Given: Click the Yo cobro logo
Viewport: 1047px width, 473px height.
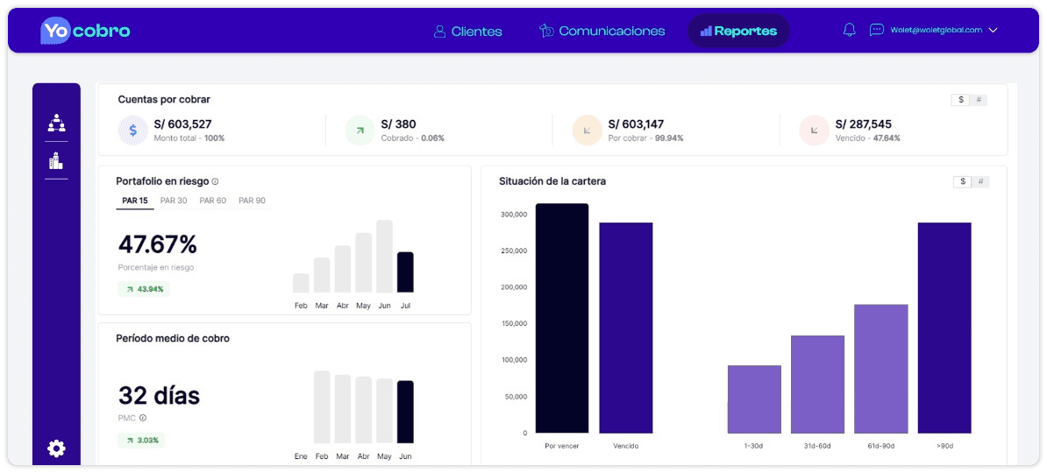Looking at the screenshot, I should tap(85, 31).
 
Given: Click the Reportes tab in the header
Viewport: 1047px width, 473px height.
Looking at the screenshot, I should tap(738, 32).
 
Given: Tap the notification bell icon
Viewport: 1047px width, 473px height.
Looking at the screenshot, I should tap(849, 30).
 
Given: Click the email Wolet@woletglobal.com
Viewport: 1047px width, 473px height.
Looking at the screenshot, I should tap(936, 30).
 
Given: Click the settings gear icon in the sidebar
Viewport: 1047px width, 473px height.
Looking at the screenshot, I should tap(56, 448).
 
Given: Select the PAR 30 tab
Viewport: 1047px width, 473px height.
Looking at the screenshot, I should tap(174, 201).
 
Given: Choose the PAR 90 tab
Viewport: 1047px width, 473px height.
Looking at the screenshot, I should tap(252, 201).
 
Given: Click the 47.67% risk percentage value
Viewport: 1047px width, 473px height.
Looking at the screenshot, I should tap(158, 244).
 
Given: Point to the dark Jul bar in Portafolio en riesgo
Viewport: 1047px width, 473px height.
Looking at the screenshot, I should tap(405, 272).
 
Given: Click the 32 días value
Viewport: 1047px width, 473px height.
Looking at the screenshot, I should tap(159, 396).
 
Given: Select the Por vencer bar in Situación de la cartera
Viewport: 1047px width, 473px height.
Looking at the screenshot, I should tap(562, 319).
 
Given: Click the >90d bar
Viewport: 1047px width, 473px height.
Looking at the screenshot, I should tap(944, 328).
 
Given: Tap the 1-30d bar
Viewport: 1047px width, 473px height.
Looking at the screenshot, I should tap(754, 399).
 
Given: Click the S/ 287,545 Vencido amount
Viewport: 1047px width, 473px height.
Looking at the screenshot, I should tap(863, 124).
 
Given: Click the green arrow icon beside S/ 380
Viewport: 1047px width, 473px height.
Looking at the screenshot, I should tap(359, 131).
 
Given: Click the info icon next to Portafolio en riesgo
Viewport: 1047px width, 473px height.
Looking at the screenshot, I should tap(215, 182).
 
